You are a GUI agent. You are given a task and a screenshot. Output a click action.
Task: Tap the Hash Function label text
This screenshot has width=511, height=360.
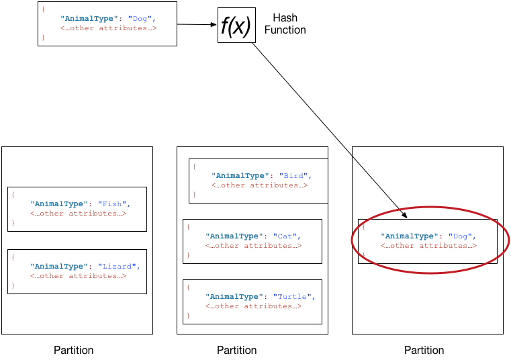pos(285,24)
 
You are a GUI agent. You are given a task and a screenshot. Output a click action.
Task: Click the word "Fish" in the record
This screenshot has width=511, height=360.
pos(111,204)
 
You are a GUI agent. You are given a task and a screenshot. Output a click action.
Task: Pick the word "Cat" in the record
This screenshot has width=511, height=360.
pos(285,236)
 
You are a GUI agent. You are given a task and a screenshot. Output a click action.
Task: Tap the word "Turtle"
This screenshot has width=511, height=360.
pos(294,297)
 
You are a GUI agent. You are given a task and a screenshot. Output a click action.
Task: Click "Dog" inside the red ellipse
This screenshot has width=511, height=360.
pos(462,236)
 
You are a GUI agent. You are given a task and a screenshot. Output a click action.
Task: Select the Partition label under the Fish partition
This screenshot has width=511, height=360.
pos(74,350)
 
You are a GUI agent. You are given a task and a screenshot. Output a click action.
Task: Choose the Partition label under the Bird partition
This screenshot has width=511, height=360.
pos(236,350)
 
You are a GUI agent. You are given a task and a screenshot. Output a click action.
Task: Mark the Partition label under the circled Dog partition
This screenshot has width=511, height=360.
pos(424,350)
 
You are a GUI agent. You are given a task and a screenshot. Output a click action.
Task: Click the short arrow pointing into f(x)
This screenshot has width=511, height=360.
pos(197,25)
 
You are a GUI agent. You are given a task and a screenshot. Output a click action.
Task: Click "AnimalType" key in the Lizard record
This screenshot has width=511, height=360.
pos(61,267)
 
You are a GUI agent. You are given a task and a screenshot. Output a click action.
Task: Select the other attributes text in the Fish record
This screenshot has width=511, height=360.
pos(78,214)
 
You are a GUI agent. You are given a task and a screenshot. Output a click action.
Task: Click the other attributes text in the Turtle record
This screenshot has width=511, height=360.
pos(253,306)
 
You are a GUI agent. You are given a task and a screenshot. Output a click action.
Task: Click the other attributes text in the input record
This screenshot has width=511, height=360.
pos(108,28)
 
